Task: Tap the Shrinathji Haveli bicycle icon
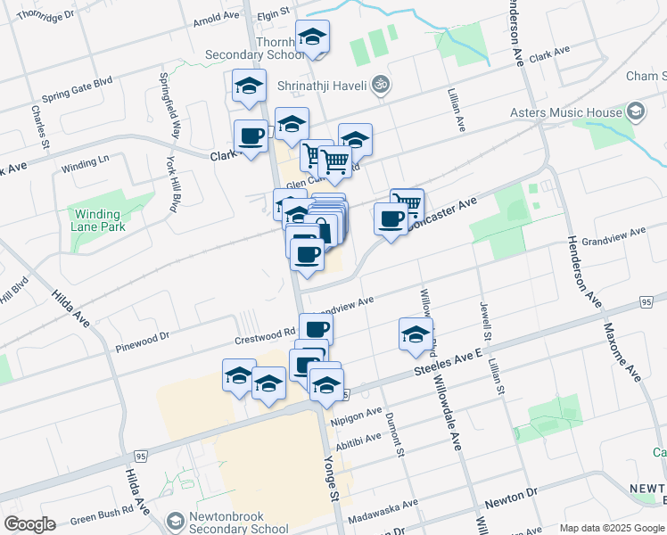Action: (381, 84)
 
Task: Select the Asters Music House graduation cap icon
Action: (636, 111)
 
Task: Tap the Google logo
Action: (29, 524)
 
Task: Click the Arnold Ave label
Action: (217, 16)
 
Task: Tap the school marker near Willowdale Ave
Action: (416, 335)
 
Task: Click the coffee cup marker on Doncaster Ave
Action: (390, 219)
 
